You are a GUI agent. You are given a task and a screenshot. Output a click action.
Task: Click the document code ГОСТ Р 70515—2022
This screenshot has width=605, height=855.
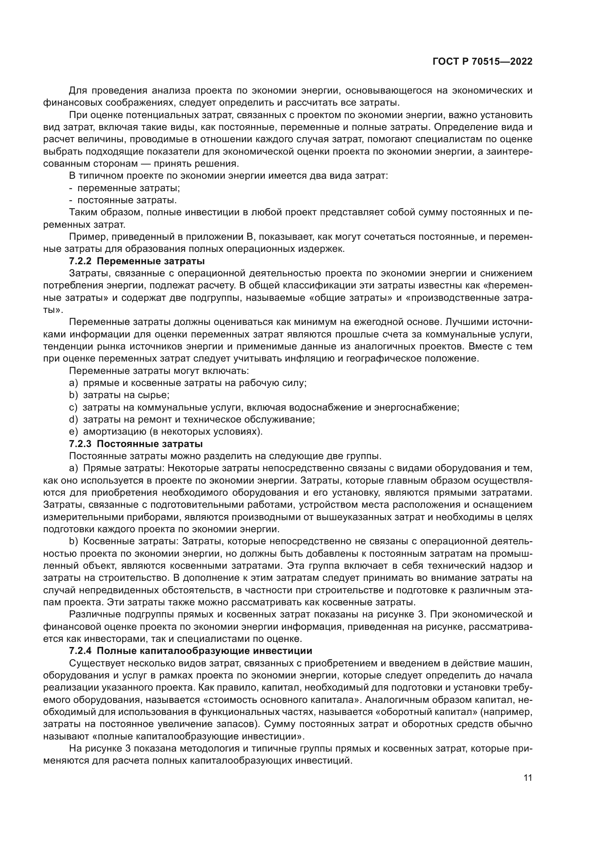(482, 61)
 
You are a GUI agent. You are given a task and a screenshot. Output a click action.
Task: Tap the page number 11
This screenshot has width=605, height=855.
(527, 778)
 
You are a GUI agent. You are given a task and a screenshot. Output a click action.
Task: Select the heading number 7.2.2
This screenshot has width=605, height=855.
(81, 261)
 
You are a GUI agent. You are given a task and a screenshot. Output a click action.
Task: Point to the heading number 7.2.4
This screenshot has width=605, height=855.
(81, 651)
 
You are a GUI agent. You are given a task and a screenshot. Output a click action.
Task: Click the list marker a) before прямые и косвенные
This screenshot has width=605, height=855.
(74, 383)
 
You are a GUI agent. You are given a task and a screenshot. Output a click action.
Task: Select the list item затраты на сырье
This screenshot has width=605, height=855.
(126, 395)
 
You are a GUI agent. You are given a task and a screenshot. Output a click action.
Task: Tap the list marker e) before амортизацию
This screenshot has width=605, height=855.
(74, 432)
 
